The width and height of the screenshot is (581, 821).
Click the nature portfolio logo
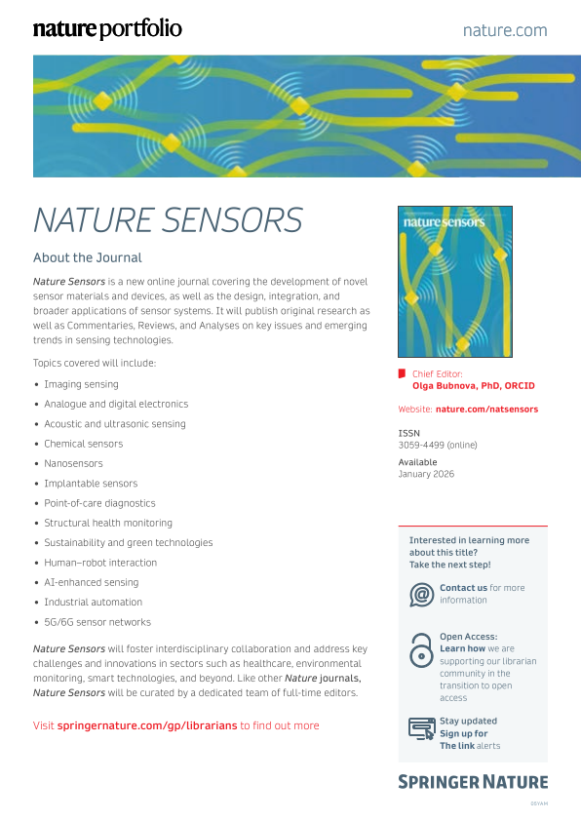pos(107,29)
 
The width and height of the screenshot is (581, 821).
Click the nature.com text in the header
pos(505,30)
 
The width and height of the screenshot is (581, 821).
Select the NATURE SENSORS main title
pos(168,220)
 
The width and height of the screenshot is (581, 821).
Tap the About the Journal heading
pos(88,258)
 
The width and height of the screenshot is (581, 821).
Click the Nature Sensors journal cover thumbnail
pos(455,282)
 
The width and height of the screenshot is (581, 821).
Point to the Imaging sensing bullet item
pos(81,384)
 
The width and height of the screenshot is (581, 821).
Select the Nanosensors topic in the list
pos(73,463)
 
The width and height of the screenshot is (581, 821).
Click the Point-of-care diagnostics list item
pos(99,503)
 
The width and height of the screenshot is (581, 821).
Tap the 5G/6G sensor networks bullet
pos(97,622)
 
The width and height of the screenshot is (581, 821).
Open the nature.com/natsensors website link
pos(486,410)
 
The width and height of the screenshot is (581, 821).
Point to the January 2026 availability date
pos(426,474)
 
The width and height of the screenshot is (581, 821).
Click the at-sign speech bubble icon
pos(421,594)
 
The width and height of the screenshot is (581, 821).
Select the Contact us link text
pos(463,588)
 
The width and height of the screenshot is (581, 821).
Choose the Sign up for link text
pos(464,733)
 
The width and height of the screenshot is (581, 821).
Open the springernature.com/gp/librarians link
pos(147,725)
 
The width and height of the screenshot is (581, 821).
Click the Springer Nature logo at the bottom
pos(473,782)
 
